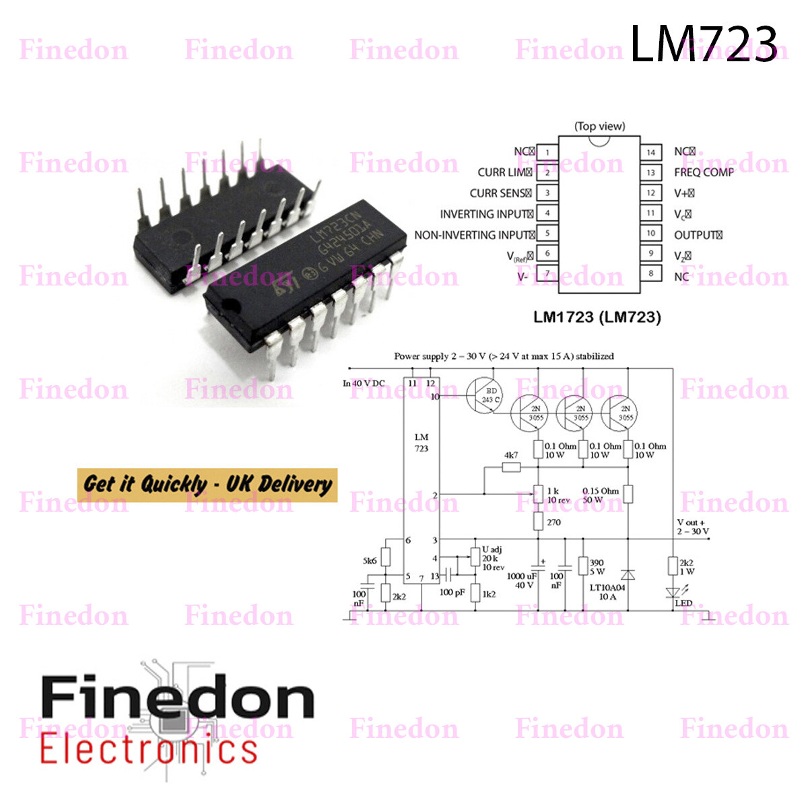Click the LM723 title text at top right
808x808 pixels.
[x=703, y=44]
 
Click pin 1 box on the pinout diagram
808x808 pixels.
[x=547, y=152]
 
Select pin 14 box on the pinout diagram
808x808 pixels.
[x=650, y=152]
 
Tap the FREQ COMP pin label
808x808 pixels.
[x=704, y=172]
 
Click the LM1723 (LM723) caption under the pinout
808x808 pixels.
[x=597, y=316]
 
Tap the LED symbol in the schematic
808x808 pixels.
[x=672, y=593]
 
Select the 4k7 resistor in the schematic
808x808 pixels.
[x=512, y=466]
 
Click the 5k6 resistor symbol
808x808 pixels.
[x=385, y=558]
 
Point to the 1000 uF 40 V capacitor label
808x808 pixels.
[x=520, y=580]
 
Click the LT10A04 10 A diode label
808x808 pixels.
[x=607, y=592]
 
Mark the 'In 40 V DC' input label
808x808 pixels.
[x=364, y=384]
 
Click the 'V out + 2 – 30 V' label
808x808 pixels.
[x=693, y=527]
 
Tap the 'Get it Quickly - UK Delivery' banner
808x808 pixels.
[x=207, y=485]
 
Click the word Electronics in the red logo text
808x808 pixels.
[x=148, y=750]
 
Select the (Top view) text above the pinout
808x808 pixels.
[x=599, y=126]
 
